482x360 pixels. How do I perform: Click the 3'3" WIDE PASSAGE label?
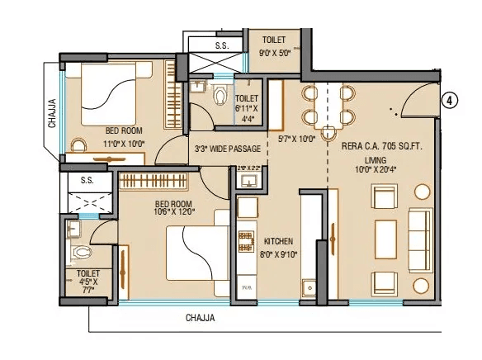227,149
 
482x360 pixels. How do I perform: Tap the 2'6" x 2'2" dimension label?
248,168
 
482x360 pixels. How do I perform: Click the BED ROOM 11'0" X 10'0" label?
124,137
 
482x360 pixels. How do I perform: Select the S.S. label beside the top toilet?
221,46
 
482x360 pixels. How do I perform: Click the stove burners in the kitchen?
246,239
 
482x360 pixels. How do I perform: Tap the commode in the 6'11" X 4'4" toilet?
220,97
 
